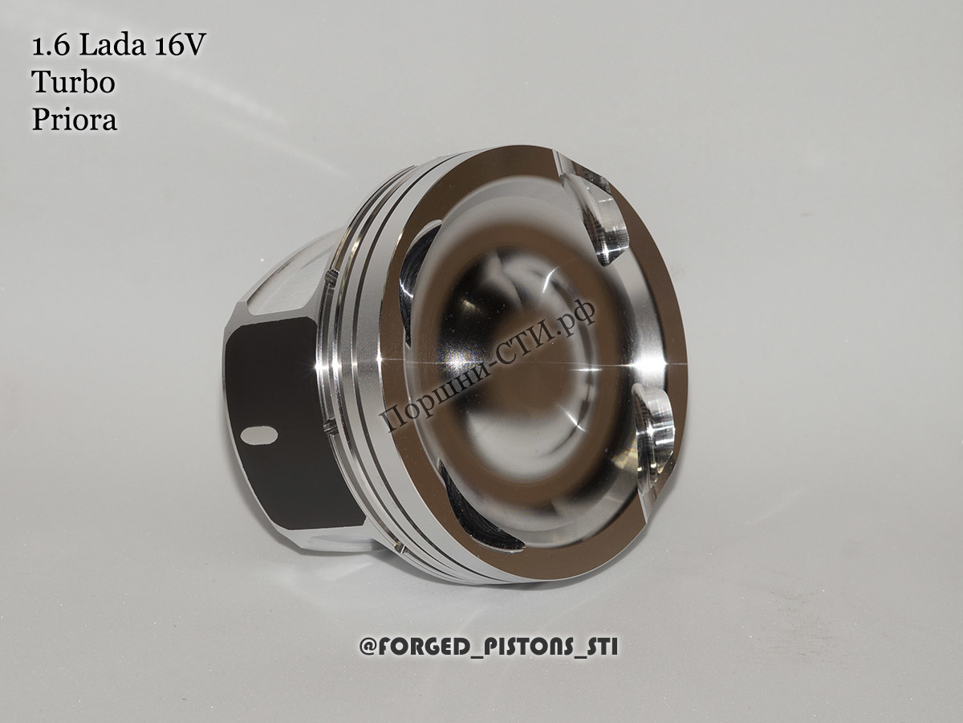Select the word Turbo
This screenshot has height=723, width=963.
pos(73,82)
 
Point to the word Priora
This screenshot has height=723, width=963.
pos(74,120)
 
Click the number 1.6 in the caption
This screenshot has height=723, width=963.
pos(51,46)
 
